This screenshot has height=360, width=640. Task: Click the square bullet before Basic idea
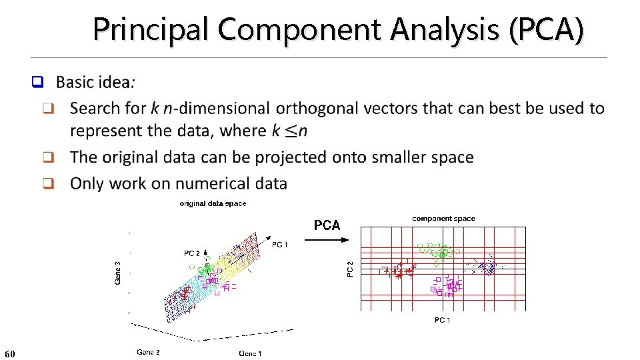pos(38,83)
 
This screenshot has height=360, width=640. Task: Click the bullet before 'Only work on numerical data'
pos(48,184)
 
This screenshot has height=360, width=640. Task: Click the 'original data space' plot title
pos(213,203)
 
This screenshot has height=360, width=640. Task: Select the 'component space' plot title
pos(443,219)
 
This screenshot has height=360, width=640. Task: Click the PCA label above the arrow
pos(327,225)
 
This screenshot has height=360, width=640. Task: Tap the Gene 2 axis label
pos(148,352)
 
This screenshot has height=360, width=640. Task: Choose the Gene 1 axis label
pos(250,353)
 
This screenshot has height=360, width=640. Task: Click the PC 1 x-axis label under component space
pos(442,321)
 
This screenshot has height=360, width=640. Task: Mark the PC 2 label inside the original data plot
pos(192,253)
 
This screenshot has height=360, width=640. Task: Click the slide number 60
pos(9,353)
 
